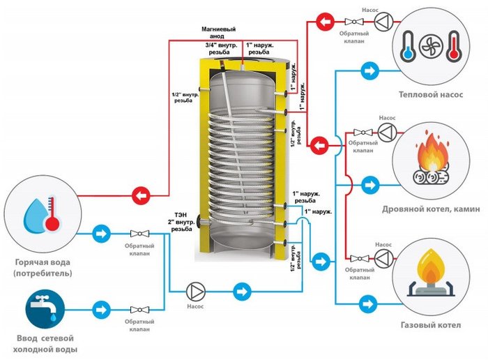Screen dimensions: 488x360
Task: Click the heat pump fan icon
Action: [431, 47]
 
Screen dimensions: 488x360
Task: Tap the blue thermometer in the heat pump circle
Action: [408, 47]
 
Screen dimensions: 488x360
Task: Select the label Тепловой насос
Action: [431, 94]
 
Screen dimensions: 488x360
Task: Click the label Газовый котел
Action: [431, 325]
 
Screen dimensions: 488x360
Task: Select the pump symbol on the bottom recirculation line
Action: [196, 292]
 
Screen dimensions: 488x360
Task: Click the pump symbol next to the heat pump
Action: [383, 22]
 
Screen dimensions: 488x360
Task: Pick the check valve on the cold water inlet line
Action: [139, 310]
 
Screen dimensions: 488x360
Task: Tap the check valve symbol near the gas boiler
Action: [360, 258]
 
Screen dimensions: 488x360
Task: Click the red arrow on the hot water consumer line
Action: [141, 196]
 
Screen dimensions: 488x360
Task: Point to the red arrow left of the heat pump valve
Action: [326, 22]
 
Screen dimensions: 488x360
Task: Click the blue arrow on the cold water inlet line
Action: [102, 310]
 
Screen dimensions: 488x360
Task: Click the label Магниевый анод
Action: [218, 33]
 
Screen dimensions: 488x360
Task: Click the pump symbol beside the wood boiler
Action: [387, 133]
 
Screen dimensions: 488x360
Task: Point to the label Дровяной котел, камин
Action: [431, 209]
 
